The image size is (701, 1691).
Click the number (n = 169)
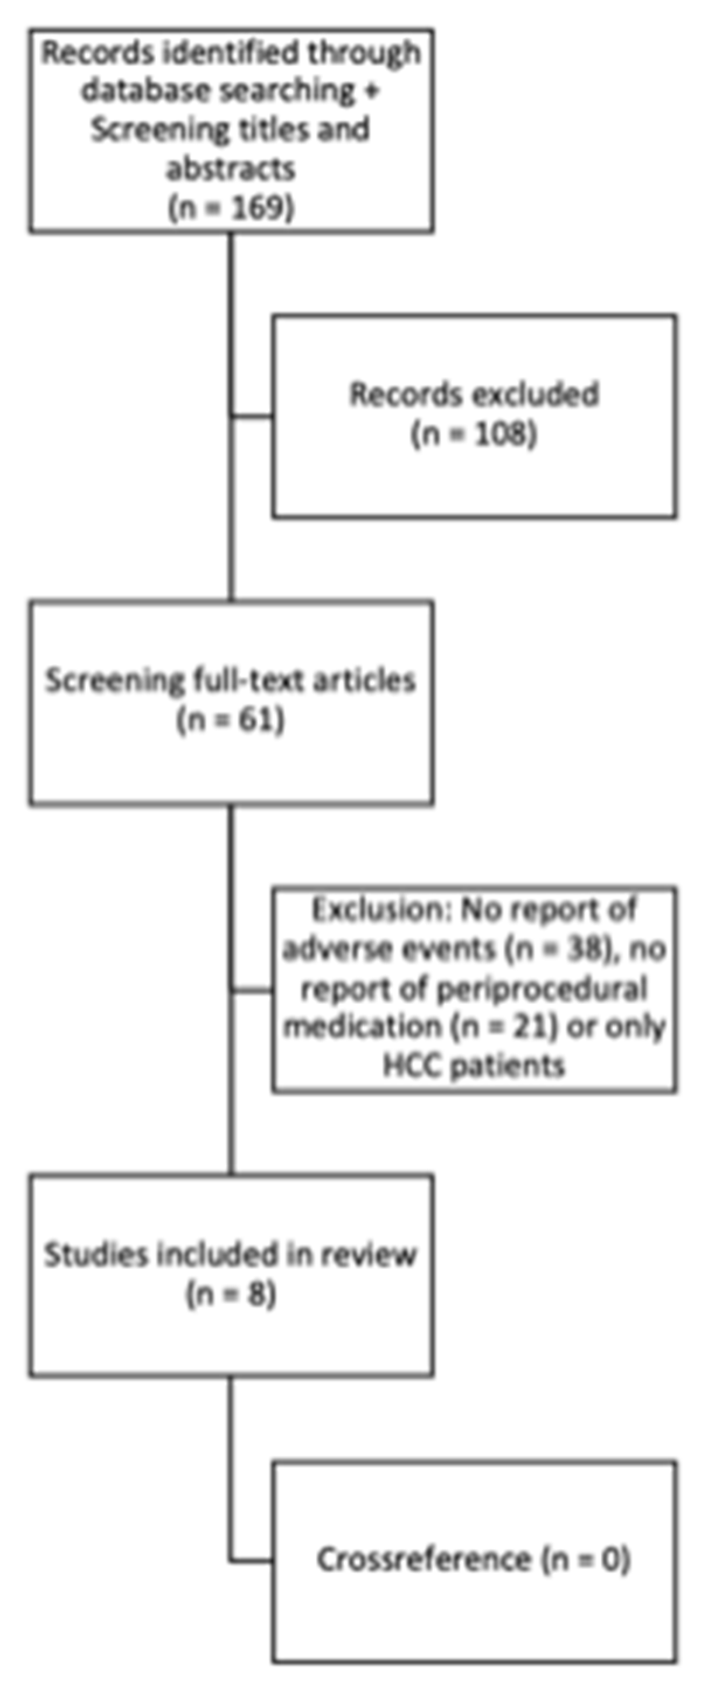tap(231, 208)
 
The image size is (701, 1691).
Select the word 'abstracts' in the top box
tap(231, 169)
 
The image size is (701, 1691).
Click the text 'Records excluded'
tap(474, 394)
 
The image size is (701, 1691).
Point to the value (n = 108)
tap(474, 434)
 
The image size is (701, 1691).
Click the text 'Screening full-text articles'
tap(231, 680)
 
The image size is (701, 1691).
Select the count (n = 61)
tap(231, 720)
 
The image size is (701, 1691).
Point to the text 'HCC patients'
tap(474, 1065)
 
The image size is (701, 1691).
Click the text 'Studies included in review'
tap(231, 1255)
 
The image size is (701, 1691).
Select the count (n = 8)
tap(231, 1294)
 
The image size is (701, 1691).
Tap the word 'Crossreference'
tap(424, 1560)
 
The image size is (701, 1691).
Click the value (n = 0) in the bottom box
tap(586, 1560)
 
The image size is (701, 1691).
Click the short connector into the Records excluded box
tap(252, 415)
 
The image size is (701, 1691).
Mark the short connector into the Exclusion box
tap(252, 989)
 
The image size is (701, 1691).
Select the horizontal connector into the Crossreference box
tap(252, 1560)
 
